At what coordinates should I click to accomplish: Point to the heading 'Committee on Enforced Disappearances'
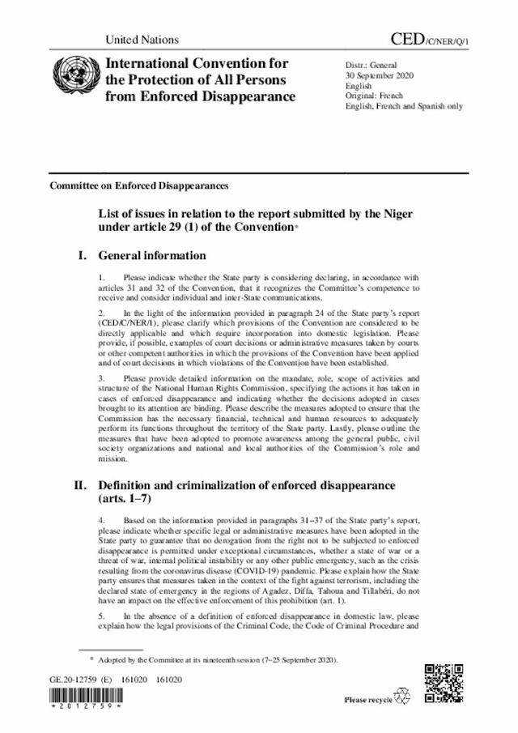point(138,185)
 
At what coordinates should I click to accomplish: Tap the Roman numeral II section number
point(80,486)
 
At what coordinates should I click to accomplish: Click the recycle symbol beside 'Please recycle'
point(402,697)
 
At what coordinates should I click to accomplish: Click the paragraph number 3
point(100,377)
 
